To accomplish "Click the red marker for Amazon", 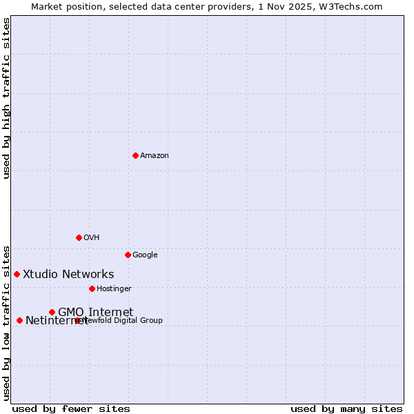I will click(135, 155).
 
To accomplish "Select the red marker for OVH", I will click(79, 237).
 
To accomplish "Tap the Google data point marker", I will click(128, 255).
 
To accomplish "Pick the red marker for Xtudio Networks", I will click(17, 274).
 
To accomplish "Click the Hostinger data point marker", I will click(92, 288).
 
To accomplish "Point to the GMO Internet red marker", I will click(52, 312).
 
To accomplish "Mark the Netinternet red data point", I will click(19, 320).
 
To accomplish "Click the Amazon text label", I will click(155, 156).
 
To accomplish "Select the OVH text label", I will click(92, 238).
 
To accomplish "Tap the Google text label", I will click(145, 255).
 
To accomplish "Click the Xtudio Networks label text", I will click(68, 275).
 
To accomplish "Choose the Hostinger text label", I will click(114, 288).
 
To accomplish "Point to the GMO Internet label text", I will click(95, 312).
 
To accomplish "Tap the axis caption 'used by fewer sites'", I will click(71, 409).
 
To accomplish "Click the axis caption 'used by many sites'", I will click(346, 409).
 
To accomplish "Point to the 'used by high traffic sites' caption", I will click(7, 98).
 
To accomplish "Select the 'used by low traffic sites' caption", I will click(7, 322).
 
